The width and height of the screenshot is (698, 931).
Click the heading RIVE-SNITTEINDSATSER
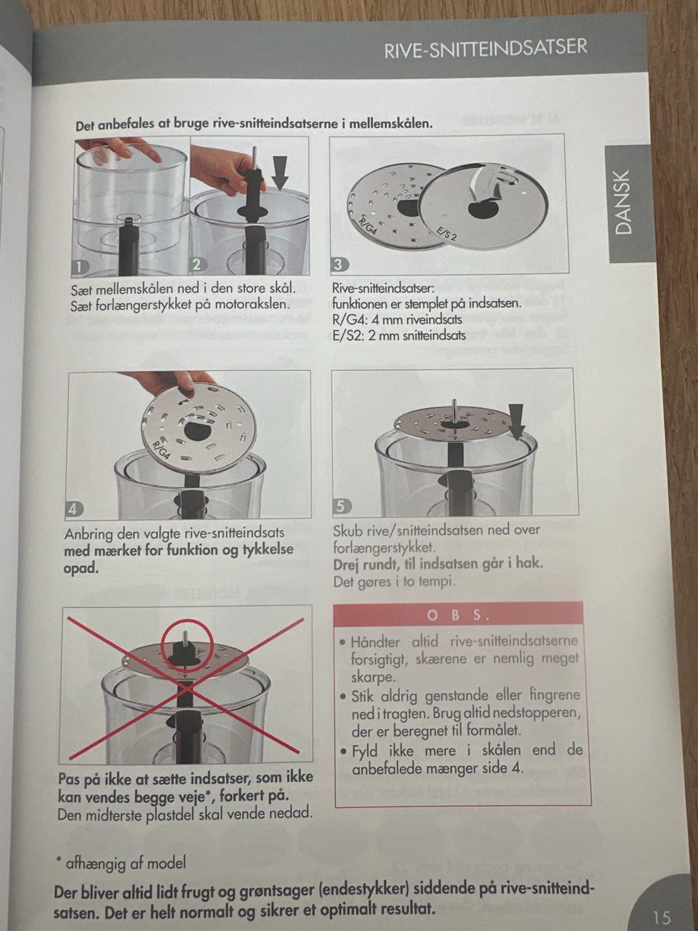click(486, 49)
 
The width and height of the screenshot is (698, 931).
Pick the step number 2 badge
click(197, 265)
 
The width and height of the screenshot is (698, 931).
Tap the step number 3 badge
click(339, 265)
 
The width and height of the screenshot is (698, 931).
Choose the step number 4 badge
click(74, 509)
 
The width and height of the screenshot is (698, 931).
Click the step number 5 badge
click(342, 506)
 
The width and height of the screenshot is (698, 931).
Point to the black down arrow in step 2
click(279, 172)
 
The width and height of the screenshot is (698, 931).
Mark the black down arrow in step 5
click(516, 421)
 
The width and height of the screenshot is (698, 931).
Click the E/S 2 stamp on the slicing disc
click(446, 233)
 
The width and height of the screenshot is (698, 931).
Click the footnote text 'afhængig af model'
click(126, 863)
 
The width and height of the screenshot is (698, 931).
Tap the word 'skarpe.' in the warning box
click(373, 678)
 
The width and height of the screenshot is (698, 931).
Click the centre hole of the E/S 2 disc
click(484, 209)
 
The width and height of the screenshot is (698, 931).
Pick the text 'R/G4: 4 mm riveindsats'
click(397, 320)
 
